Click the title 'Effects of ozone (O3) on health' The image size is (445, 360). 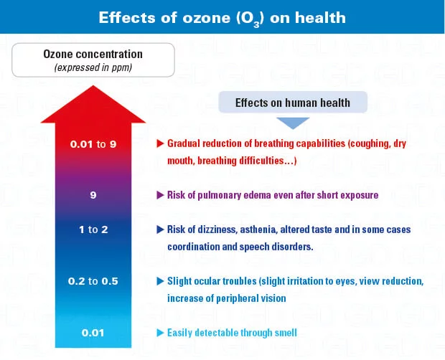pyautogui.click(x=222, y=17)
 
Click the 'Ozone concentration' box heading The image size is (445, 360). pyautogui.click(x=93, y=55)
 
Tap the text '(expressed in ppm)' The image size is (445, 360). pyautogui.click(x=93, y=67)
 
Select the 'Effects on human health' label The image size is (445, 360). pyautogui.click(x=293, y=103)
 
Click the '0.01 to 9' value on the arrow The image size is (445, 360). pyautogui.click(x=93, y=144)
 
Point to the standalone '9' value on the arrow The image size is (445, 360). pyautogui.click(x=93, y=194)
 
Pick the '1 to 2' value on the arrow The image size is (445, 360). pyautogui.click(x=93, y=230)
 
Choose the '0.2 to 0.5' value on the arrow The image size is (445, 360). pyautogui.click(x=93, y=281)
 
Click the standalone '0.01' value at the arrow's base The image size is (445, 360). pyautogui.click(x=93, y=332)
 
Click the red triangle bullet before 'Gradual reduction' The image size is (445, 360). pyautogui.click(x=161, y=143)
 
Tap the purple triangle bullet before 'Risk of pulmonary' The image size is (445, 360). pyautogui.click(x=161, y=195)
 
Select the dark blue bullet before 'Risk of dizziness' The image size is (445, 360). pyautogui.click(x=161, y=230)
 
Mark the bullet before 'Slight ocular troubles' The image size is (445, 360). pyautogui.click(x=161, y=281)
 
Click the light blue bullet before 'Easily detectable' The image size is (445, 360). pyautogui.click(x=161, y=332)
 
